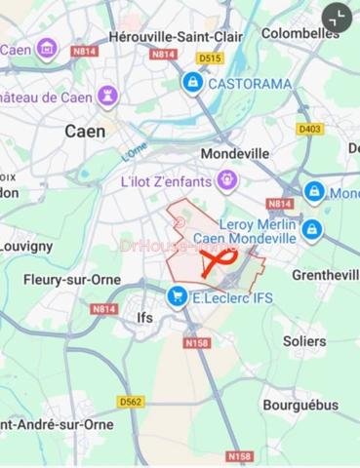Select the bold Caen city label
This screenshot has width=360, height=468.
click(x=85, y=130)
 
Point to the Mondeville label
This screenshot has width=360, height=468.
click(x=234, y=154)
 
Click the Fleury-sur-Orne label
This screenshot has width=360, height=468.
click(x=72, y=279)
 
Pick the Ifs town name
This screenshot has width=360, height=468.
click(x=145, y=318)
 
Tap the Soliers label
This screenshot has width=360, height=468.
click(x=304, y=341)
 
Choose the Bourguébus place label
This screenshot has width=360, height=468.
click(x=300, y=405)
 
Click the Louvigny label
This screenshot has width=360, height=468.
click(x=26, y=247)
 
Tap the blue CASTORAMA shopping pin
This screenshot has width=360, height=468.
click(x=193, y=83)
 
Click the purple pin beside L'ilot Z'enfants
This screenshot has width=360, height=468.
click(x=227, y=179)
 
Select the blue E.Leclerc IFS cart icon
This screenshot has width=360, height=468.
click(x=177, y=296)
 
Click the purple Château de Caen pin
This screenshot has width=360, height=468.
click(x=107, y=97)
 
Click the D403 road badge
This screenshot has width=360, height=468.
click(x=310, y=129)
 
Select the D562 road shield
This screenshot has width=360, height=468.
click(x=131, y=401)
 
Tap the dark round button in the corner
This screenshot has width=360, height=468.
click(x=337, y=18)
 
